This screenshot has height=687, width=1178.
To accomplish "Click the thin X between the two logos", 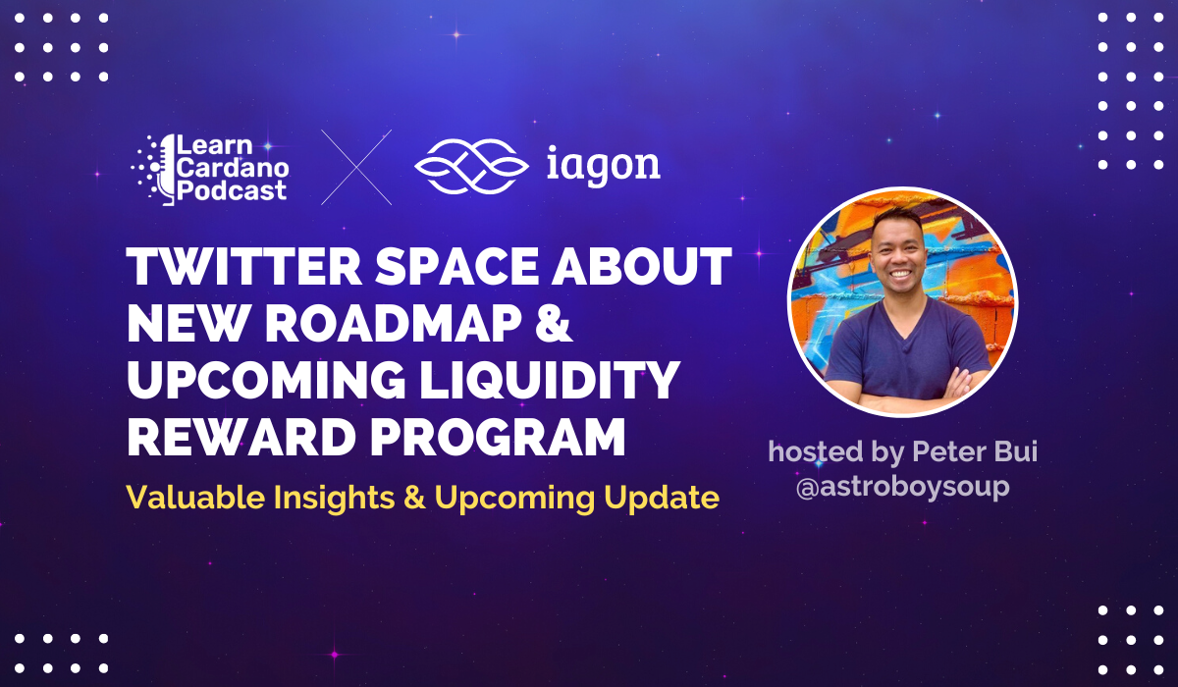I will [356, 167].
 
